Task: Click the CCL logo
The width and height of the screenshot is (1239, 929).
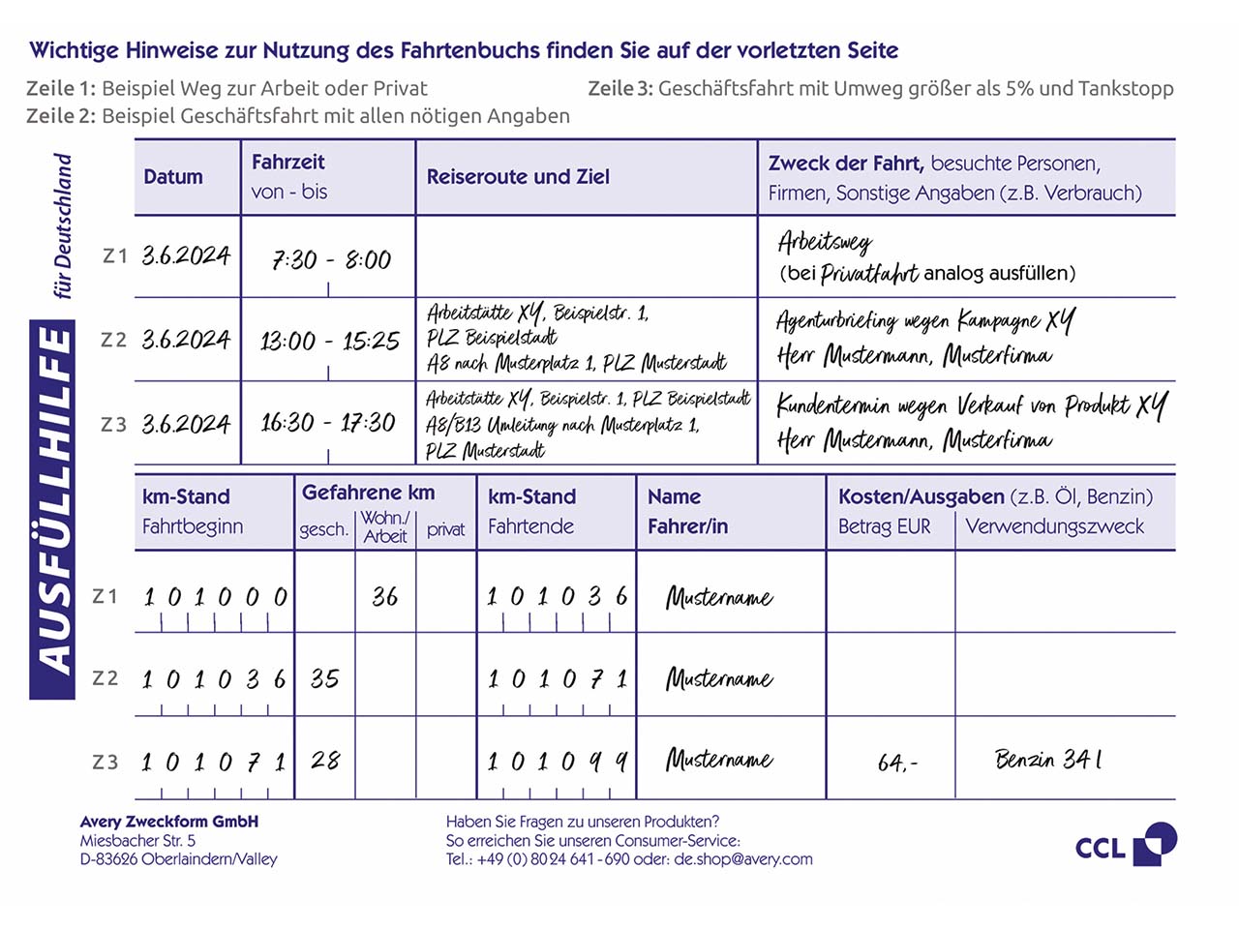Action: tap(1125, 845)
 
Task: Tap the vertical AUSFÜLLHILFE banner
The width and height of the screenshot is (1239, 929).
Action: tap(53, 510)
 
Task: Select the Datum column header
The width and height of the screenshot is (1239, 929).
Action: tap(173, 177)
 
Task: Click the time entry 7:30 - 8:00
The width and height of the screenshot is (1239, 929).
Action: tap(331, 259)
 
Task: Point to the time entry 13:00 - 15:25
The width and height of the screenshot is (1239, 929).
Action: tap(329, 341)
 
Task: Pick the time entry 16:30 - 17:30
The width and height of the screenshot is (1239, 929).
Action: tap(328, 423)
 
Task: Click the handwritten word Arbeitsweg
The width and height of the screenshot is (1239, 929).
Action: tap(825, 242)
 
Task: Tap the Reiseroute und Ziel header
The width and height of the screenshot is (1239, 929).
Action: tap(518, 177)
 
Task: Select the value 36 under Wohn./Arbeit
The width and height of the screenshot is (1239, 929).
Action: tap(384, 596)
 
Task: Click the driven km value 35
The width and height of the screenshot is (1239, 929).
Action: tap(324, 678)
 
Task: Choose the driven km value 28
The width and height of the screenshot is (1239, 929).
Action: tap(325, 761)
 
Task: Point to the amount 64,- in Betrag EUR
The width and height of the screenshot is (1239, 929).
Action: tap(897, 763)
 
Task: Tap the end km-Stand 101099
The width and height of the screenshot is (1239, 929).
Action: tap(557, 762)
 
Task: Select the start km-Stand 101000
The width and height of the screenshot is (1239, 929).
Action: tap(215, 597)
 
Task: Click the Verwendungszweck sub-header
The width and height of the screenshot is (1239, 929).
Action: tap(1054, 526)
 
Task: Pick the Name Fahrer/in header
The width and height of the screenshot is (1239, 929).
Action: tap(687, 511)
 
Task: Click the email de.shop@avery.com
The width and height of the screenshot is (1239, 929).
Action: tap(743, 859)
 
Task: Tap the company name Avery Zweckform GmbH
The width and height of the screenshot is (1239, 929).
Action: tap(169, 822)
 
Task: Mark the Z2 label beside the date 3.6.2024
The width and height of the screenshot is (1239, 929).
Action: tap(113, 340)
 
